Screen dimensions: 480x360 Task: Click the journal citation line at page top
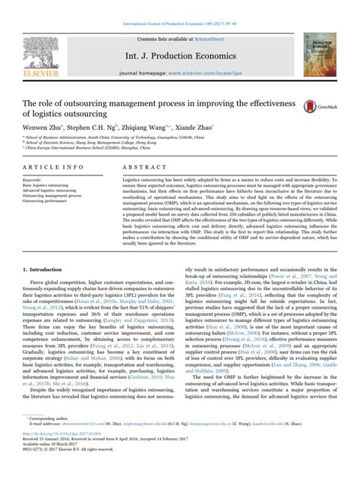pyautogui.click(x=179, y=6)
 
